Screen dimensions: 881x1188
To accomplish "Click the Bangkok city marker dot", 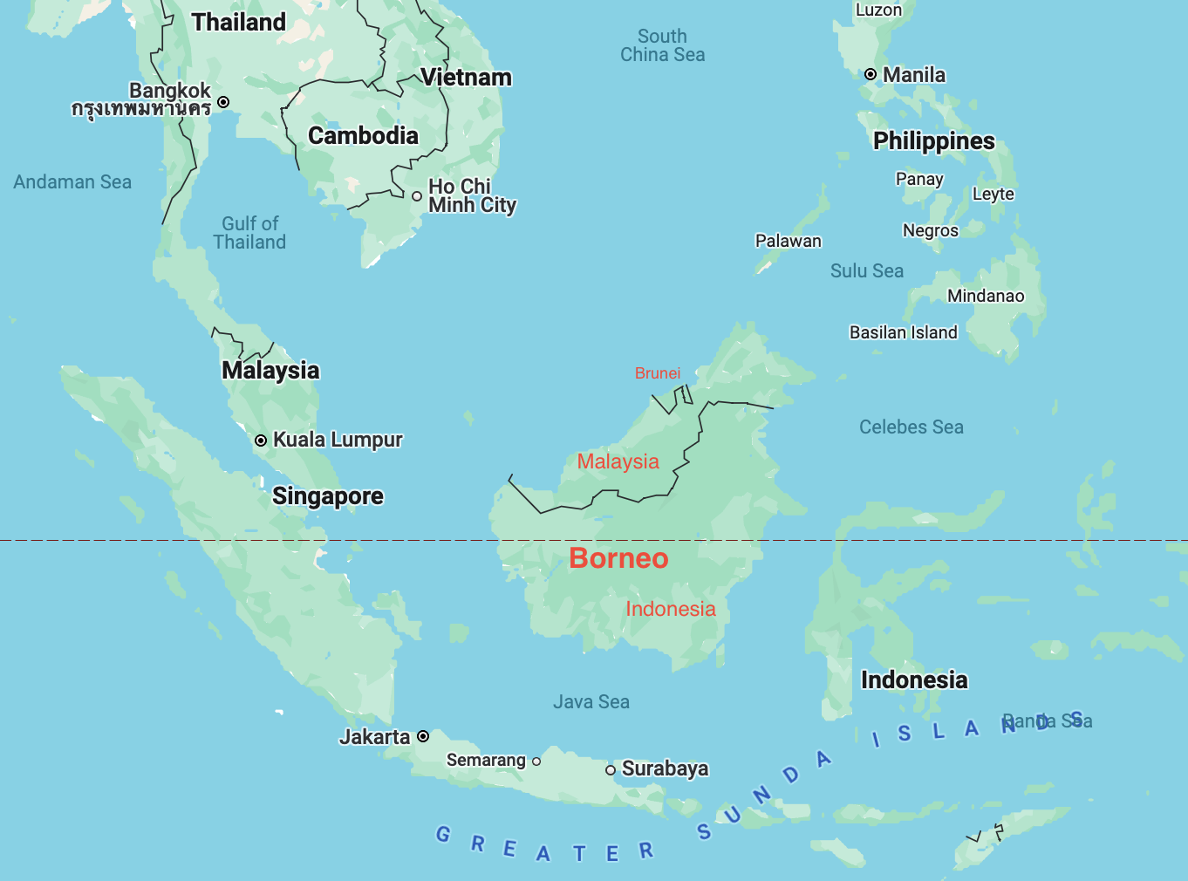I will [223, 102].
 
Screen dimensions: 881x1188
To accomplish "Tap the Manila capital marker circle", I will [871, 75].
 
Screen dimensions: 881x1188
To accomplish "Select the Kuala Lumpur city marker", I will [261, 440].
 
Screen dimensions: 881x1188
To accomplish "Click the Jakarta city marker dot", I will [423, 736].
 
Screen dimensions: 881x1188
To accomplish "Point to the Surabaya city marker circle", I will [611, 769].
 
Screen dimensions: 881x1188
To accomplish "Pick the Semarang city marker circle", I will [536, 761].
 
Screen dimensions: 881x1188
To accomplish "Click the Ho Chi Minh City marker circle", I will [417, 196].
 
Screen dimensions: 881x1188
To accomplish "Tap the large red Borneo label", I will [618, 558].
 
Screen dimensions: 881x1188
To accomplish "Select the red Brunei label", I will [658, 373].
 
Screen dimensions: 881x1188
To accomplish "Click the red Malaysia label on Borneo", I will [618, 461].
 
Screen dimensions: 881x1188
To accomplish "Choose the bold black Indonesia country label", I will [914, 680].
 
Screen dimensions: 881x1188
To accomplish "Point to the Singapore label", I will [328, 496].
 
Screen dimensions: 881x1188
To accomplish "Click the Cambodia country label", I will [363, 136].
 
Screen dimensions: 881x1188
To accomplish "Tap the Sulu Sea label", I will [867, 271].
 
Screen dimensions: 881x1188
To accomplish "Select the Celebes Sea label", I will [911, 427].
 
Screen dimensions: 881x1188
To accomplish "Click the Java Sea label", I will [591, 702].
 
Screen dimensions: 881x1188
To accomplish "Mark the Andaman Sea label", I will [72, 182].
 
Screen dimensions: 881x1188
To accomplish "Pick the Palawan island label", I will [789, 242].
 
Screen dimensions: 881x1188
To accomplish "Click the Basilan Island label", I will [904, 332].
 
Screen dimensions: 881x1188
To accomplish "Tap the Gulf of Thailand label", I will [250, 233].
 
